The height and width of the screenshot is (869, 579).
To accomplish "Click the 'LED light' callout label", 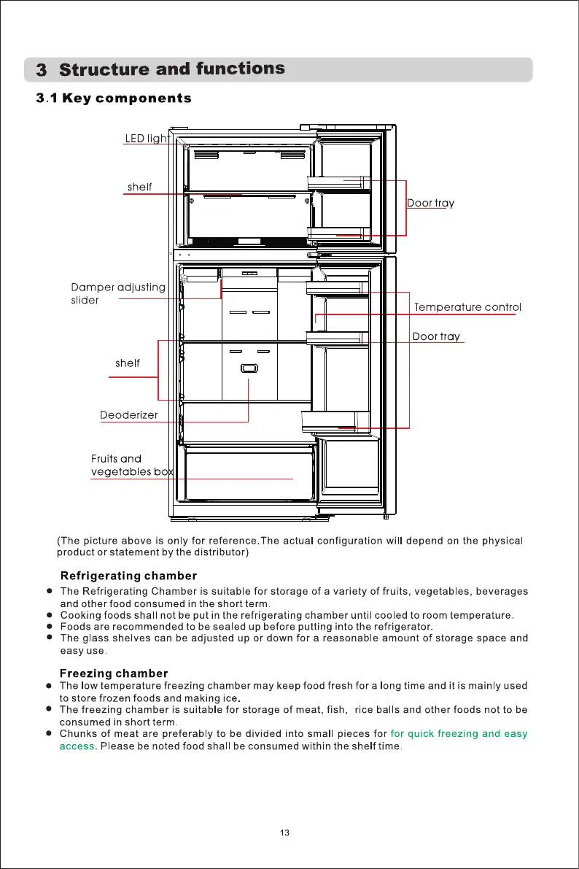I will click(147, 139).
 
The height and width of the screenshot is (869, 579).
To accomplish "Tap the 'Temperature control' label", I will click(467, 307).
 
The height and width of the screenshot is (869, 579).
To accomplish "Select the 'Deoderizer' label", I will click(128, 416).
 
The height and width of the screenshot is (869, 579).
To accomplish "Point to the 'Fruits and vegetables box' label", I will click(131, 466).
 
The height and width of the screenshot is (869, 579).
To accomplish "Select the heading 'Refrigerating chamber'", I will click(128, 576).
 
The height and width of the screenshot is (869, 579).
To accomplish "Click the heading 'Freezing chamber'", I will click(114, 673).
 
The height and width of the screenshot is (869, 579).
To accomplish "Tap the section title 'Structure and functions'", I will click(172, 69).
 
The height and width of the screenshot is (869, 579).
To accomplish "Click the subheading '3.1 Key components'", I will click(114, 99).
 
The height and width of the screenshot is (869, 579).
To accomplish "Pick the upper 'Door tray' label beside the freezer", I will click(430, 203).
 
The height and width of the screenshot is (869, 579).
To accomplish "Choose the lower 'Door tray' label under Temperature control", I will click(436, 336).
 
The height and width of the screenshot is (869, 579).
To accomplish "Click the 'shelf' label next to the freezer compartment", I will click(139, 187).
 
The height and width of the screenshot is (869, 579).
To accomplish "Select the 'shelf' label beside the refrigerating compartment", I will click(128, 363).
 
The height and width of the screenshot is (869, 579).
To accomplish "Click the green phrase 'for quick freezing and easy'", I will click(459, 733).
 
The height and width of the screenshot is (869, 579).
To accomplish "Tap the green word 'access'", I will click(77, 746).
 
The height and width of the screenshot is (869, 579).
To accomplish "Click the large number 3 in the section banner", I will click(42, 71).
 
